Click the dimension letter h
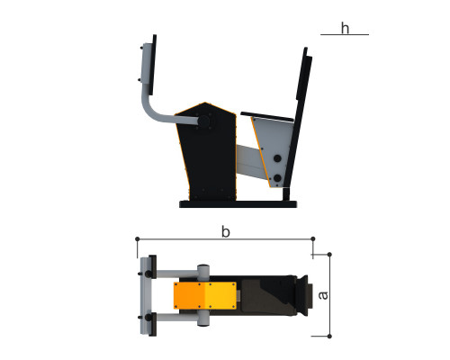345,28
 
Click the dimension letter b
226,231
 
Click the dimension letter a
323,295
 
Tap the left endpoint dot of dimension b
138,238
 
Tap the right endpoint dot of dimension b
313,238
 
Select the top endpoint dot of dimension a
329,255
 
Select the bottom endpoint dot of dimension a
329,337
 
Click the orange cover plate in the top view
205,295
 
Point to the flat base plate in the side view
238,204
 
